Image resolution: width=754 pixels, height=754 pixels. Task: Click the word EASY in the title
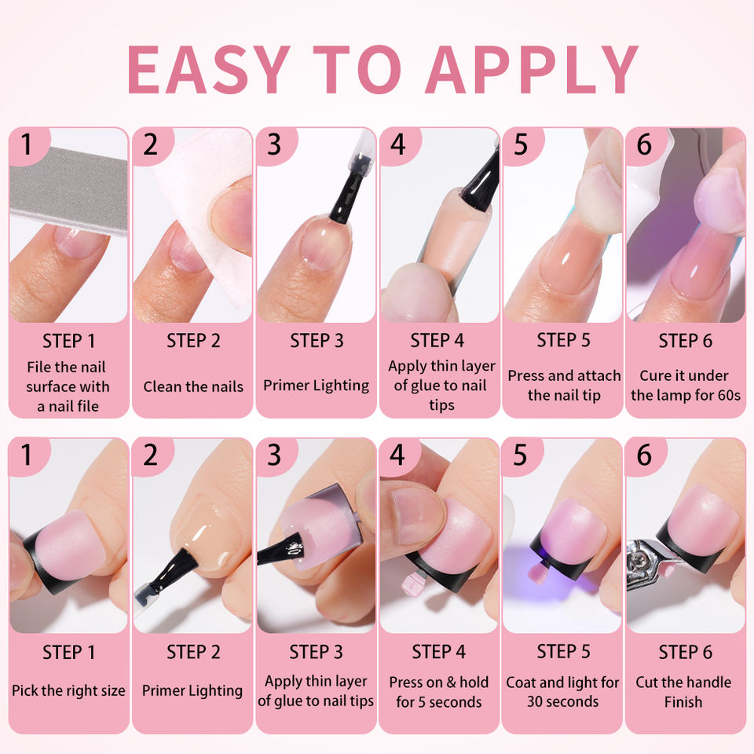pos(209,69)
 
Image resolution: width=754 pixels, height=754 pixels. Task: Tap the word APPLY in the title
pos(532,69)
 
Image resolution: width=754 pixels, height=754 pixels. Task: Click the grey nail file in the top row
pos(68,190)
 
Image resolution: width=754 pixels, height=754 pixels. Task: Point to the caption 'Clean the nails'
pos(193,386)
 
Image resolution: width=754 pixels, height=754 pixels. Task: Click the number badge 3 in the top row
pos(274,145)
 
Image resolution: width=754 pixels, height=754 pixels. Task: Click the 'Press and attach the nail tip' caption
pos(564,385)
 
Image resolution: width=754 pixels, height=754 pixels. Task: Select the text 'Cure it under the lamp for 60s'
pos(686,385)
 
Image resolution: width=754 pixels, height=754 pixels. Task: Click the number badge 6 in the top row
pos(644,145)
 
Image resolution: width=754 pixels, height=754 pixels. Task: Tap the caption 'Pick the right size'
pos(68,690)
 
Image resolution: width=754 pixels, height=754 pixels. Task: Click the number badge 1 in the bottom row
pos(27,455)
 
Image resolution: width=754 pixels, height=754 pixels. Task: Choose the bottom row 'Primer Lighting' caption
pos(192,690)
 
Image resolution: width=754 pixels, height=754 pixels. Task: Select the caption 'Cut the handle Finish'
pos(683,692)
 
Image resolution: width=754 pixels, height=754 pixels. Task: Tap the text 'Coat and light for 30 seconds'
pos(562,692)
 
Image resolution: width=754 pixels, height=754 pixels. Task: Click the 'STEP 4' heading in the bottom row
pos(438,652)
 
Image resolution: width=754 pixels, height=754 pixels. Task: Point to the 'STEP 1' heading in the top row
pos(69,341)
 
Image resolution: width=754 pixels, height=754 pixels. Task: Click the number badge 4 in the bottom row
pos(397,455)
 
